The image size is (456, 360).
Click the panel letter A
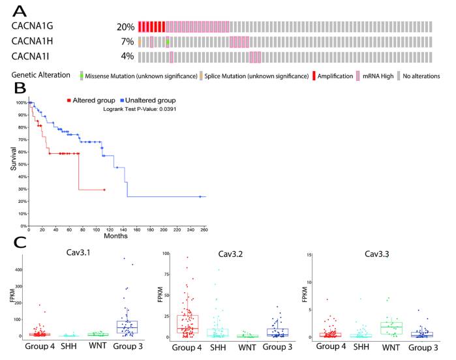[x=20, y=11]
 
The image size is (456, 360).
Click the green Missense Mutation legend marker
[x=82, y=76]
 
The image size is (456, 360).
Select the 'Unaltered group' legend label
[x=149, y=100]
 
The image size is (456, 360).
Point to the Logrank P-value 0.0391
[x=140, y=109]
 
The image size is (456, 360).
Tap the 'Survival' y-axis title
[x=14, y=158]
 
